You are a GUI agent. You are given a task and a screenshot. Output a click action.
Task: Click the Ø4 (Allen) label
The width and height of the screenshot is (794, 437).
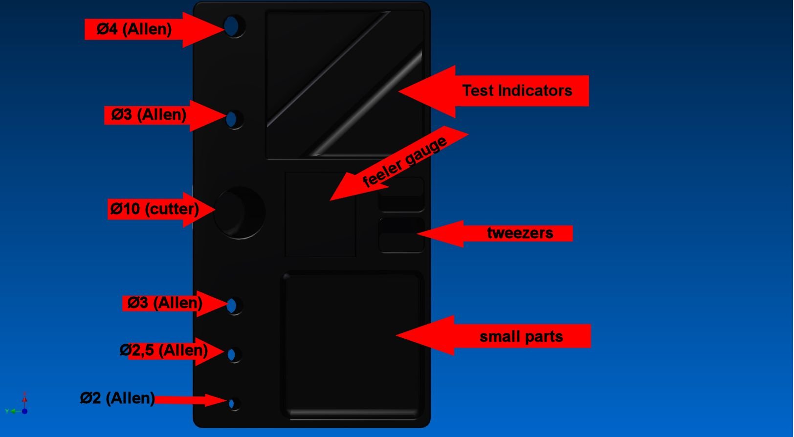134,29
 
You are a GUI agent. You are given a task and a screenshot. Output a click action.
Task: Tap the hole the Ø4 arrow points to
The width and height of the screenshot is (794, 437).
234,26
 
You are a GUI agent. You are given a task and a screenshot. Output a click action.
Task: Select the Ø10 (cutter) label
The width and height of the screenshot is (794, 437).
154,208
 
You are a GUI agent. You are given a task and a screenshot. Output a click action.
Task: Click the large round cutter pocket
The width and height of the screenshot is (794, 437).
240,213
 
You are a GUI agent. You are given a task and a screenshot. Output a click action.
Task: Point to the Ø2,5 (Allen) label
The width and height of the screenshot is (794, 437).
164,350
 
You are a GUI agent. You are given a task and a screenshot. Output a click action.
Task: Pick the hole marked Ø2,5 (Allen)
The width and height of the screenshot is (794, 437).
234,354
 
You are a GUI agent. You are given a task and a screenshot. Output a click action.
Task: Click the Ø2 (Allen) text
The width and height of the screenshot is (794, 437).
118,398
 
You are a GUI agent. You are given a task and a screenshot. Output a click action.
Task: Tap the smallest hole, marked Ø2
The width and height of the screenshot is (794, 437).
233,404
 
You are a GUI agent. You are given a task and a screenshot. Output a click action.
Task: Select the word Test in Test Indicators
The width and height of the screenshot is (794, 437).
478,90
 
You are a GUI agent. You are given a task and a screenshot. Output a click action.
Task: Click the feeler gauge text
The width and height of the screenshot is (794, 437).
405,162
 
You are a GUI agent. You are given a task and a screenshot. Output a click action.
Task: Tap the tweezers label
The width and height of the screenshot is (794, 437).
520,233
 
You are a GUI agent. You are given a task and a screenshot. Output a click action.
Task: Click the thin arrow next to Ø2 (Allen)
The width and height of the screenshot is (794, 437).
191,400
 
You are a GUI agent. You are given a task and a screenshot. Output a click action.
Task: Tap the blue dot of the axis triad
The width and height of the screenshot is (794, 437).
24,411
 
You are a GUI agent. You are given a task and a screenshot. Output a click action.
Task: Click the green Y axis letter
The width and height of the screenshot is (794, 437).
7,411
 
